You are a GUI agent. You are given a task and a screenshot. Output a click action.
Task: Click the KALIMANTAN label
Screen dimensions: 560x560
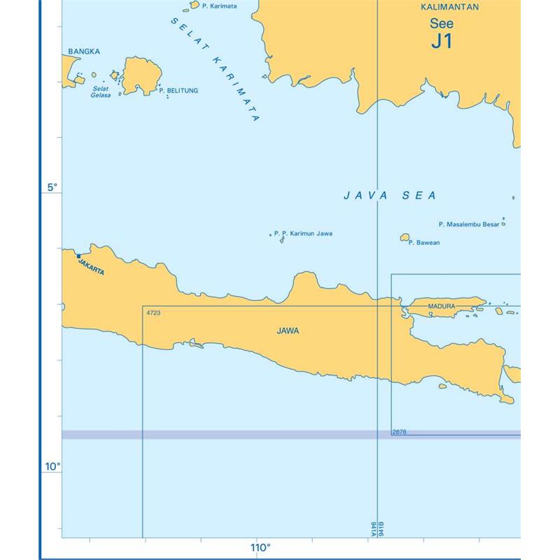pyautogui.click(x=449, y=8)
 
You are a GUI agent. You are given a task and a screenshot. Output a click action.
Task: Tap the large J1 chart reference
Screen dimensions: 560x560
pyautogui.click(x=441, y=41)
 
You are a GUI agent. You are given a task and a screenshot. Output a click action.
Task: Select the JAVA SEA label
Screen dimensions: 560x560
pyautogui.click(x=389, y=196)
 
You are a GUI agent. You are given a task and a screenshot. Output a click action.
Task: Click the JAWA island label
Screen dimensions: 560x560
pyautogui.click(x=288, y=331)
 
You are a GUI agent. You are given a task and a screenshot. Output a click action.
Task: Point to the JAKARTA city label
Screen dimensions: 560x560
pyautogui.click(x=92, y=267)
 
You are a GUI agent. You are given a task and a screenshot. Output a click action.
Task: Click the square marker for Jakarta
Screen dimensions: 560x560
pyautogui.click(x=78, y=255)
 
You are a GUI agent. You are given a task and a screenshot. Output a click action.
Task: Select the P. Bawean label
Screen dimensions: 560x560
pyautogui.click(x=425, y=243)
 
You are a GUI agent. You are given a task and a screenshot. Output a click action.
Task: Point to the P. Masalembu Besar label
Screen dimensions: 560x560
pyautogui.click(x=469, y=225)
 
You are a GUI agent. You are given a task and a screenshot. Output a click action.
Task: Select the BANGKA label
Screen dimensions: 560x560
pyautogui.click(x=84, y=51)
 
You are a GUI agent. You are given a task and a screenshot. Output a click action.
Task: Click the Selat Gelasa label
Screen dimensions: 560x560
pyautogui.click(x=101, y=92)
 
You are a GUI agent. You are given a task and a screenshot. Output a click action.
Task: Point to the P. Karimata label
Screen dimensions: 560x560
pyautogui.click(x=218, y=6)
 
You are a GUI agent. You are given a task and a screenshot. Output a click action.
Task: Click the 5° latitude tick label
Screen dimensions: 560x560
pyautogui.click(x=52, y=188)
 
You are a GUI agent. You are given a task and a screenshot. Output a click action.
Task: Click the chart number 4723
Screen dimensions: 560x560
pyautogui.click(x=154, y=312)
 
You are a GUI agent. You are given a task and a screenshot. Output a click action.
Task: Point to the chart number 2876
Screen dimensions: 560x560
pyautogui.click(x=400, y=432)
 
